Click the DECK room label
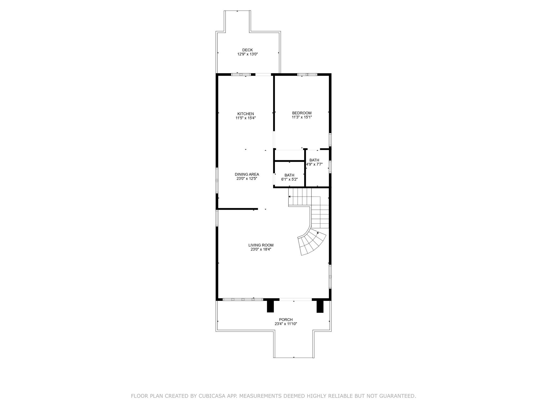point(247,50)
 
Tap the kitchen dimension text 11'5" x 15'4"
point(245,118)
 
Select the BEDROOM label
point(302,113)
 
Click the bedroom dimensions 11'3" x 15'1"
point(302,117)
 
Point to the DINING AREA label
point(247,174)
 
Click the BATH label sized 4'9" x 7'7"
point(314,160)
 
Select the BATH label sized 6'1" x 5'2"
point(289,175)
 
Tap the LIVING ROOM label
point(261,245)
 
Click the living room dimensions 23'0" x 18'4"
point(261,249)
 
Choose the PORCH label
point(286,320)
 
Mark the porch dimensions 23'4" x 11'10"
point(286,324)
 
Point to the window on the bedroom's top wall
point(307,74)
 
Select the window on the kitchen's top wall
point(241,74)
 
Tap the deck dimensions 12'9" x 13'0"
point(247,54)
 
